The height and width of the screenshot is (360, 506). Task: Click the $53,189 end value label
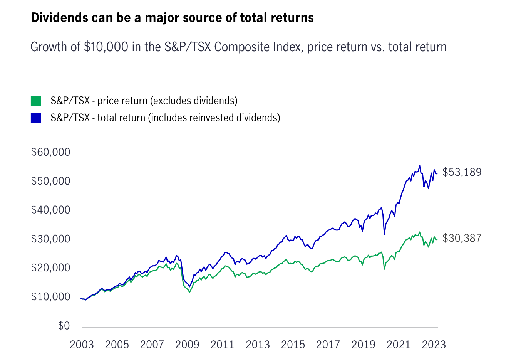tap(462, 172)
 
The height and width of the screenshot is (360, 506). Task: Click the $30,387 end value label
tap(462, 238)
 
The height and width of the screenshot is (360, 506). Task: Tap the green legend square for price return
tap(36, 101)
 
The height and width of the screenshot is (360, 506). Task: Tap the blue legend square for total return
tap(36, 118)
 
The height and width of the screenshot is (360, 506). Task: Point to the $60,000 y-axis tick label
tap(50, 152)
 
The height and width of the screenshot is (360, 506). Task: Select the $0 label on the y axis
tap(64, 326)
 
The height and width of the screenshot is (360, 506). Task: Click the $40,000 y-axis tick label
tap(50, 210)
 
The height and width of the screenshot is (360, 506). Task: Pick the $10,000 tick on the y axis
tap(50, 297)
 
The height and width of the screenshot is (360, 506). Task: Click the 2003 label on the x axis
tap(82, 344)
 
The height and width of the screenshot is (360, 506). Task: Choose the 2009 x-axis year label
tap(187, 344)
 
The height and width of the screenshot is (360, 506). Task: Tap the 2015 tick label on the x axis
tap(293, 344)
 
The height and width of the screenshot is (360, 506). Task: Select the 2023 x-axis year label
tap(434, 344)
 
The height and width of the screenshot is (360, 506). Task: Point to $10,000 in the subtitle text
tap(106, 47)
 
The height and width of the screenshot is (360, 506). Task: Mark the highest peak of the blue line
tap(419, 166)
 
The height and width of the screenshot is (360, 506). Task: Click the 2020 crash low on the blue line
tap(384, 234)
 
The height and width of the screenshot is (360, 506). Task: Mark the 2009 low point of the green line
tap(189, 292)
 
